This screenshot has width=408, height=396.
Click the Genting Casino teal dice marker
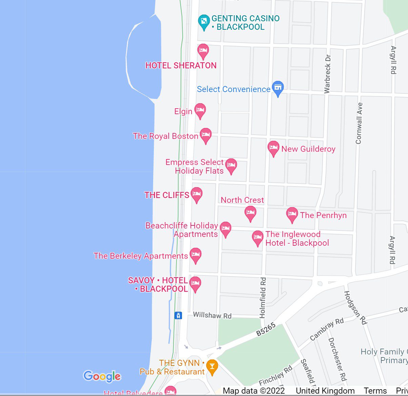pos(204,22)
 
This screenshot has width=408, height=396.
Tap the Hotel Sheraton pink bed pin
pos(203,51)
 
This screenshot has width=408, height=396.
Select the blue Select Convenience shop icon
pos(278,88)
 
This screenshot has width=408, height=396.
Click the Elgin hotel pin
pos(200,110)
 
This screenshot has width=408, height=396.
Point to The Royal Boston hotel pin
pos(205,135)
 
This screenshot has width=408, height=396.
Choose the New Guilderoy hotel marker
pos(273,148)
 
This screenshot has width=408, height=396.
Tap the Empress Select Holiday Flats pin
pos(231,166)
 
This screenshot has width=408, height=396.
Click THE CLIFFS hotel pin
pos(197,194)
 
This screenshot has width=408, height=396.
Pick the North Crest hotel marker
pos(250,213)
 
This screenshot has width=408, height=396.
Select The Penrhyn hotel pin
pos(292,214)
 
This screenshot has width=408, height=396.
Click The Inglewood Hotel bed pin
pos(258,238)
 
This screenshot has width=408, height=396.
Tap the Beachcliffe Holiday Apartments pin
pos(225,229)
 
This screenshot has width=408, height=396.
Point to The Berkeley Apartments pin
pos(196,255)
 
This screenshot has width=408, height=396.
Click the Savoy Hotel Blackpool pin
pos(195,284)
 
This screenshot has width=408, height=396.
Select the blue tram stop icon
pos(178,315)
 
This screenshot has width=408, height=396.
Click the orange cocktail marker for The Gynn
pos(212,367)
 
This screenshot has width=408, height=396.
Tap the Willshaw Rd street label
pos(212,315)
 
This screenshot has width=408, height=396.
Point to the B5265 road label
pos(266,329)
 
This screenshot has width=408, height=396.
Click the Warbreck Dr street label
pos(327,74)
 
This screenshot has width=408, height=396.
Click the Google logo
pos(102,376)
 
